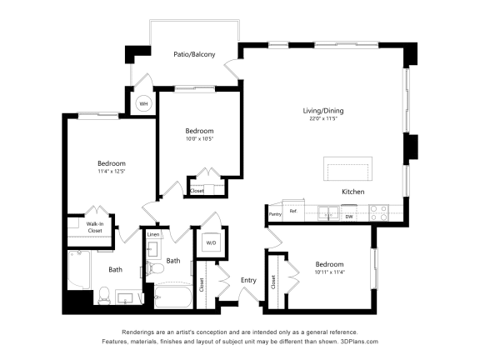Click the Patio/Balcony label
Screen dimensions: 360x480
pos(194,54)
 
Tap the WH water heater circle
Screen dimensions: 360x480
pos(143,104)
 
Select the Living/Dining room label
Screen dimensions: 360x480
pos(322,111)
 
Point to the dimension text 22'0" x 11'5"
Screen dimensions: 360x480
pos(322,119)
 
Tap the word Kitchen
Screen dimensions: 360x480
pos(352,192)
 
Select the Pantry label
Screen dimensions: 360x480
pos(275,214)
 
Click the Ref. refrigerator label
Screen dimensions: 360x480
pos(293,212)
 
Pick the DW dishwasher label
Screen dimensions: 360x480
pos(349,217)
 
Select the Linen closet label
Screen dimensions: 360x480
pos(152,235)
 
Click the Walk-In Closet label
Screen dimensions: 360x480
pos(94,227)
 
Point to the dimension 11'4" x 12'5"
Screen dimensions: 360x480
pos(111,172)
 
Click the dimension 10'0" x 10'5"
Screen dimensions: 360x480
pos(199,139)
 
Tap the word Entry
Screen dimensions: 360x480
pos(248,280)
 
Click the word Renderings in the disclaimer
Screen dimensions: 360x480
pos(139,332)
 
